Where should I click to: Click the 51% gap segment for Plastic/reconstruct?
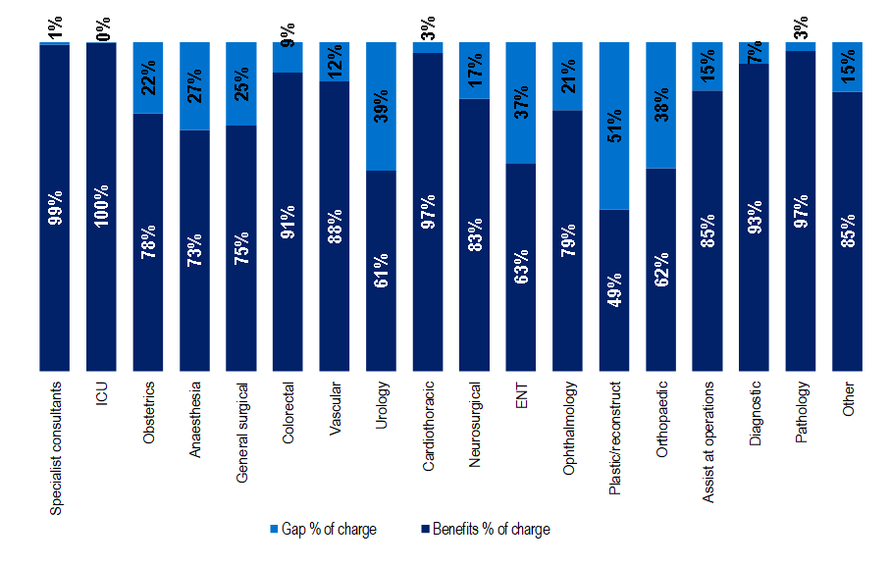[614, 126]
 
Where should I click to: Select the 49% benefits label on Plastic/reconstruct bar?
[614, 288]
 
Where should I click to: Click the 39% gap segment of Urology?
[381, 106]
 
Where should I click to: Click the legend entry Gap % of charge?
[323, 530]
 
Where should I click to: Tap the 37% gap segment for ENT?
[521, 102]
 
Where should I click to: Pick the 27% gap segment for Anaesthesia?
[194, 86]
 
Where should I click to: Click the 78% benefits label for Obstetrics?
[148, 241]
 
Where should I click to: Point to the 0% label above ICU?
[102, 28]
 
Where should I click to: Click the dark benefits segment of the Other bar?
[848, 232]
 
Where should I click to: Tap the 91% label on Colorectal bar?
[288, 222]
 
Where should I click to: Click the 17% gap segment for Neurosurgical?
[475, 71]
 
